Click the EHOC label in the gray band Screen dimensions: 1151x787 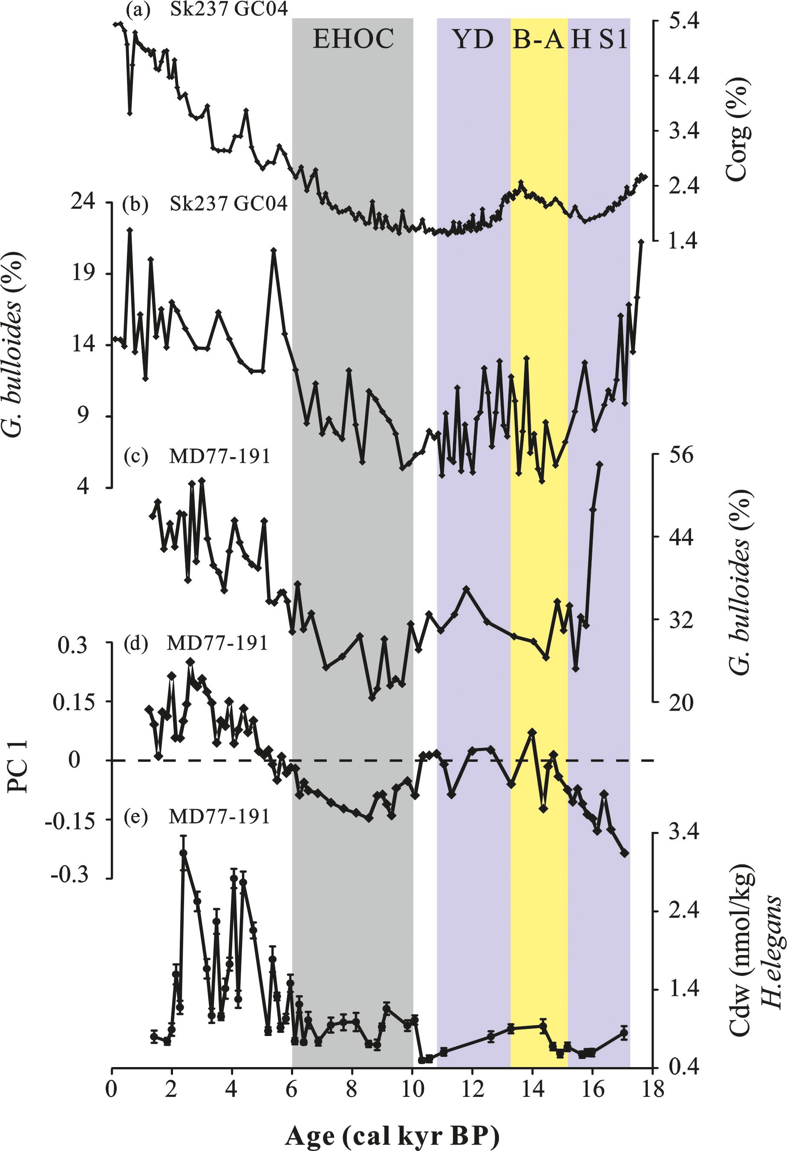coord(353,39)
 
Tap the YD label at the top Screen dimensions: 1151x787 coord(473,39)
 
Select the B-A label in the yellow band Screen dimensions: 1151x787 coord(538,39)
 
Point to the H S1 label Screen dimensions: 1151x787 coord(599,39)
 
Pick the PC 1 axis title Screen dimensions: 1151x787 coord(18,767)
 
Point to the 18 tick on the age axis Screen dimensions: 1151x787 coord(653,1090)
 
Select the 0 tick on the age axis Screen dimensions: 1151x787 coord(112,1090)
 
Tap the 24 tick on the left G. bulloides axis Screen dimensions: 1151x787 coord(83,201)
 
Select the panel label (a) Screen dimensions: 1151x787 coord(138,10)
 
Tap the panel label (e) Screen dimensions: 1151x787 coord(135,817)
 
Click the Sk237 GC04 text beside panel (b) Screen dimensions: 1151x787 coord(228,204)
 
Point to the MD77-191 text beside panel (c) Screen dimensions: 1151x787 coord(219,456)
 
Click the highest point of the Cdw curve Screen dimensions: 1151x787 coord(183,853)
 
